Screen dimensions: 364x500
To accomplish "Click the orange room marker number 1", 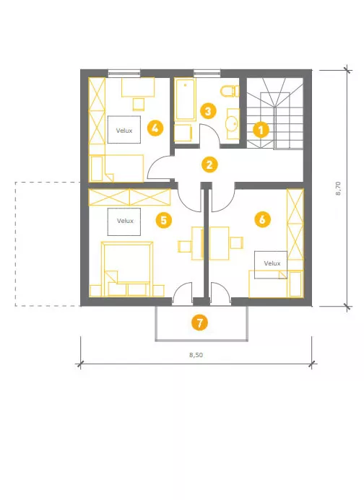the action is [261, 130].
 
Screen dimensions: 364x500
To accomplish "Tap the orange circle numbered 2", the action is [209, 165].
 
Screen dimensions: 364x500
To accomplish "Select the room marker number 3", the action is [208, 111].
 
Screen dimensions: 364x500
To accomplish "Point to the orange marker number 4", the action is [155, 128].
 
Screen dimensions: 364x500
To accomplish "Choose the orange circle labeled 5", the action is [163, 220].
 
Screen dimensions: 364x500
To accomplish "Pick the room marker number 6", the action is [262, 219].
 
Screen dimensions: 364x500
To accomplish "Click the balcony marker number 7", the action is [199, 323].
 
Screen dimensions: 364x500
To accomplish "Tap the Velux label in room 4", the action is [124, 131].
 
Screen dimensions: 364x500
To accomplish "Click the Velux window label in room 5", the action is [125, 221].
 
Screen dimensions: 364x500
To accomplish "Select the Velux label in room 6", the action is [272, 263].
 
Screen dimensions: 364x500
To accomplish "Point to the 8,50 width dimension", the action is [196, 355].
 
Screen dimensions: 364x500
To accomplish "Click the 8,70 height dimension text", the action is [339, 188].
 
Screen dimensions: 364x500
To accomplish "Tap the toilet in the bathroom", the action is [230, 91].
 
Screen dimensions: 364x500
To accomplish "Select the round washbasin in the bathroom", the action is [232, 123].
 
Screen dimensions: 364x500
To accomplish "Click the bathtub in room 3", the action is [185, 99].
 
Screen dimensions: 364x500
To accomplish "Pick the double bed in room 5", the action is [127, 269].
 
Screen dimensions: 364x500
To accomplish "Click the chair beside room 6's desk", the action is [237, 242].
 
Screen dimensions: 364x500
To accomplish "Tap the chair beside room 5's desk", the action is [185, 247].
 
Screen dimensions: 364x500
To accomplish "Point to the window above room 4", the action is [124, 74].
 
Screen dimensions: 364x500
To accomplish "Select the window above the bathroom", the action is [207, 74].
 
